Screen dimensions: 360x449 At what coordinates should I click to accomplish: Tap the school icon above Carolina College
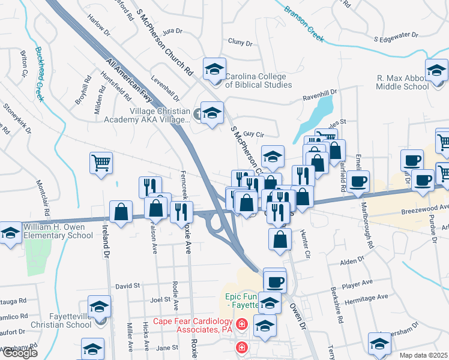[x=214, y=70]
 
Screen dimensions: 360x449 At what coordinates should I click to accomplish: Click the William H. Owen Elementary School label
[x=58, y=232]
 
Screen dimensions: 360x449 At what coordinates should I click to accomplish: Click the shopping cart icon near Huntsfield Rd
[x=101, y=163]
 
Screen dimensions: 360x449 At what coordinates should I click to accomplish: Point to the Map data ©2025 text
[x=424, y=355]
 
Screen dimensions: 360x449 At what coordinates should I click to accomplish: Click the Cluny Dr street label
[x=240, y=43]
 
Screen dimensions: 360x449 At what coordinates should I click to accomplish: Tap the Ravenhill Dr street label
[x=320, y=94]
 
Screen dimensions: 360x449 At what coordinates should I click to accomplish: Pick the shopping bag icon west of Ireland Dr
[x=121, y=212]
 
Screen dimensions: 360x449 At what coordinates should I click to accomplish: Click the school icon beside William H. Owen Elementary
[x=10, y=234]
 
